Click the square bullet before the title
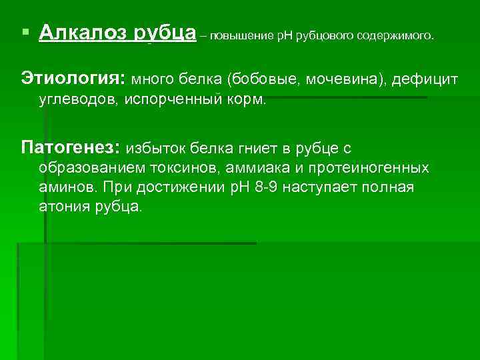pos(25,32)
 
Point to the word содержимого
pos(393,35)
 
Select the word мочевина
pos(341,81)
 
